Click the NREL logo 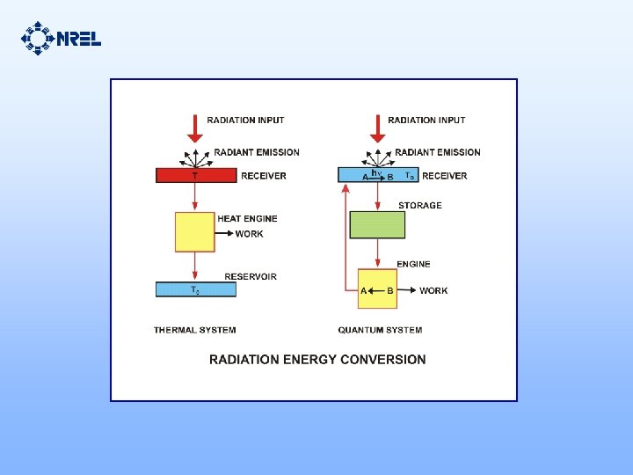click(x=61, y=38)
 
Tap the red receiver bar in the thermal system click(x=195, y=175)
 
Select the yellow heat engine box click(x=195, y=232)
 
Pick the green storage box click(x=377, y=224)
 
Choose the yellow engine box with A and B click(x=377, y=289)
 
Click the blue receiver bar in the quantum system click(x=377, y=175)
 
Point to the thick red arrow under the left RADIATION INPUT click(x=195, y=129)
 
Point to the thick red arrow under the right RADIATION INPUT click(x=377, y=129)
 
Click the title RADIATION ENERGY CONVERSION click(x=316, y=359)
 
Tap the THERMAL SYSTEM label click(x=194, y=330)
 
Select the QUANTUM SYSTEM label click(x=380, y=330)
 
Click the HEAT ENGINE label click(x=247, y=218)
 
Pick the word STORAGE click(x=420, y=206)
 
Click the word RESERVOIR click(x=251, y=276)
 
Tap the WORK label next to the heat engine click(x=249, y=234)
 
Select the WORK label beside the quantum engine click(x=433, y=290)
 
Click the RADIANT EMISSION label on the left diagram click(x=257, y=152)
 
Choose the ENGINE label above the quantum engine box click(x=413, y=264)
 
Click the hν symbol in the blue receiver click(x=376, y=173)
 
